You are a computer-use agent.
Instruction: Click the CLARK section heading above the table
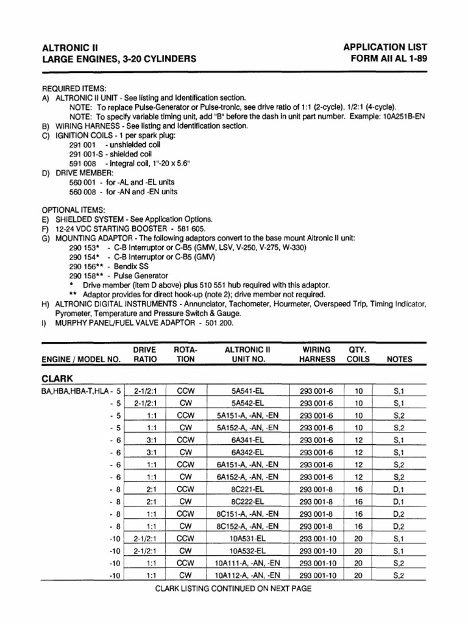[57, 378]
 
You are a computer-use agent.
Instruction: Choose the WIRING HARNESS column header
[317, 355]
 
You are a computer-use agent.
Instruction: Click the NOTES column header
[399, 360]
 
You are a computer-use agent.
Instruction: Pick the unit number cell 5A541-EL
[247, 390]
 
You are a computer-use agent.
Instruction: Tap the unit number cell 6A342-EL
[247, 452]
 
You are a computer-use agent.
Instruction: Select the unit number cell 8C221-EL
[247, 489]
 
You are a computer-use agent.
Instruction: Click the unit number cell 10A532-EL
[247, 550]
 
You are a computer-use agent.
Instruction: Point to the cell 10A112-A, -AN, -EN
[247, 575]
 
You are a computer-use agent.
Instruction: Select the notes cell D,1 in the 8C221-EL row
[399, 489]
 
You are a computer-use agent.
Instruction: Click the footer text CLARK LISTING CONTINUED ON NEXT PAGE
[233, 589]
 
